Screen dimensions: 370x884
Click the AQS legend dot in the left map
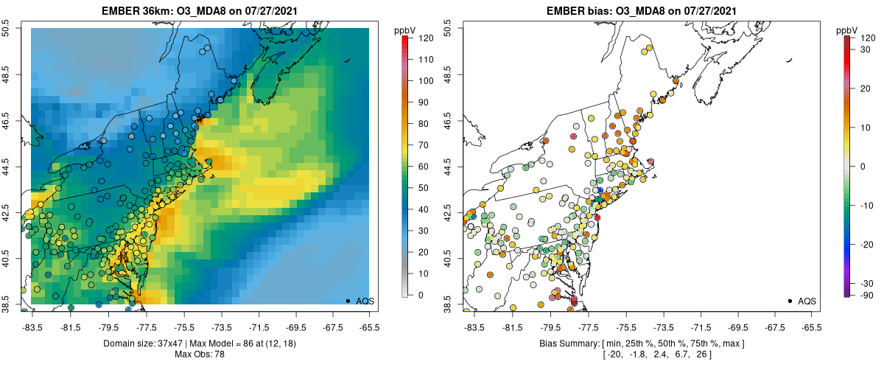(x=348, y=301)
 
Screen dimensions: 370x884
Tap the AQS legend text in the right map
(x=807, y=301)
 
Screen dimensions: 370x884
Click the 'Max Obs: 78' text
(x=200, y=355)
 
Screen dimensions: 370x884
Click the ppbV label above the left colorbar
(x=406, y=30)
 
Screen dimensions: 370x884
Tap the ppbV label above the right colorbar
(x=848, y=30)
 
